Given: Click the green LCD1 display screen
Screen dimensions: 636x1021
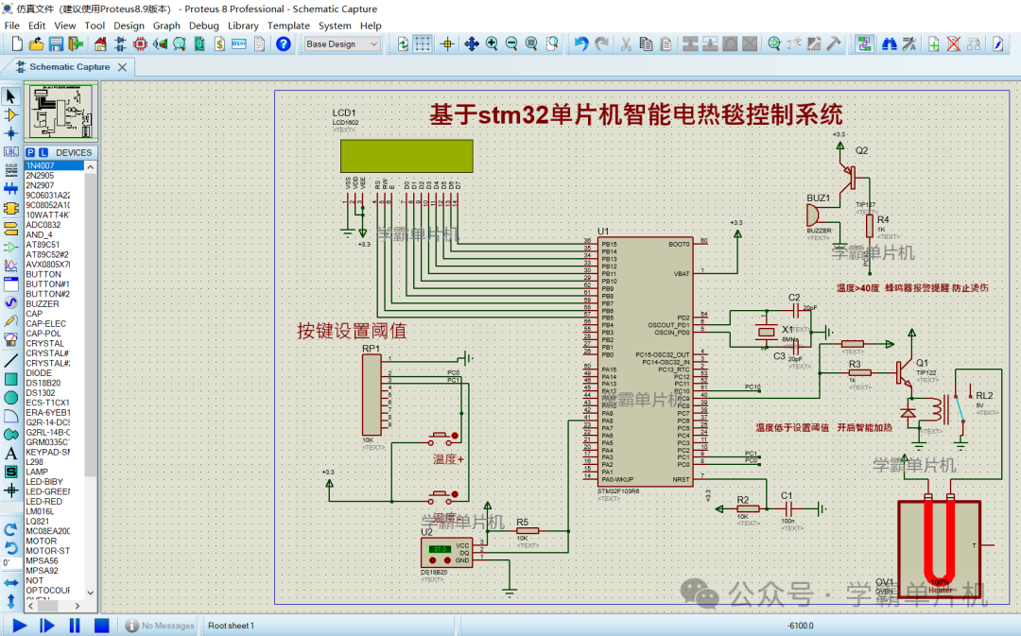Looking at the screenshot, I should point(407,156).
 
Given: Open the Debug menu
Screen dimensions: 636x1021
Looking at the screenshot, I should point(203,26).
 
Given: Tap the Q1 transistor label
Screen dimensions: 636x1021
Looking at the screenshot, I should point(922,363).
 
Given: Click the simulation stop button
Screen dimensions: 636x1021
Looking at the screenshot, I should point(101,625).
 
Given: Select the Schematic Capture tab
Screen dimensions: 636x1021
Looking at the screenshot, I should point(69,67).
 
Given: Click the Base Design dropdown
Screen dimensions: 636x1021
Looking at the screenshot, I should point(341,43).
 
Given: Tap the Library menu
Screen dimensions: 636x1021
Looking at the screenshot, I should point(243,26).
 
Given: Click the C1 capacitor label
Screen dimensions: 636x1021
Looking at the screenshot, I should point(787,495).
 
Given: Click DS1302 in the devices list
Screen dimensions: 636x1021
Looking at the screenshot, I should point(41,392).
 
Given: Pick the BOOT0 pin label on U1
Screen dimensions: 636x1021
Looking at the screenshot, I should point(679,244).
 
